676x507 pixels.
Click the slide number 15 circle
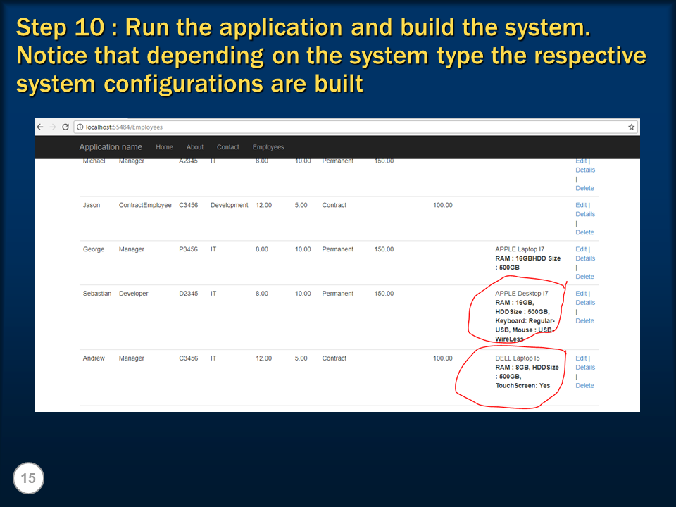tap(28, 479)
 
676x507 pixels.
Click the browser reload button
tap(65, 127)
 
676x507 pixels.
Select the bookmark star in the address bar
tap(631, 127)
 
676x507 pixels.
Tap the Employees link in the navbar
tap(268, 147)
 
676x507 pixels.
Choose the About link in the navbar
tap(195, 147)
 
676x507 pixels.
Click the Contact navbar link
tap(228, 147)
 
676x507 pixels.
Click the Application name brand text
tap(111, 147)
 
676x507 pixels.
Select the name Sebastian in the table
tap(97, 294)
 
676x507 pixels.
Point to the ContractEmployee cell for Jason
tap(145, 206)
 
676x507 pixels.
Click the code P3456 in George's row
tap(189, 249)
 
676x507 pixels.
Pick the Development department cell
tap(229, 206)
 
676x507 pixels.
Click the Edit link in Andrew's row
tap(581, 358)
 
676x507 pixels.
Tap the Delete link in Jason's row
tap(584, 232)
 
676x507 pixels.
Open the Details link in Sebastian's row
tap(585, 303)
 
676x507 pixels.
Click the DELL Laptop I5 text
tap(518, 358)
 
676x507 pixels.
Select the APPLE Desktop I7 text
tap(521, 294)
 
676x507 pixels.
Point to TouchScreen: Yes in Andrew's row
tap(522, 386)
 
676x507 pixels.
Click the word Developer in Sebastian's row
tap(134, 294)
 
